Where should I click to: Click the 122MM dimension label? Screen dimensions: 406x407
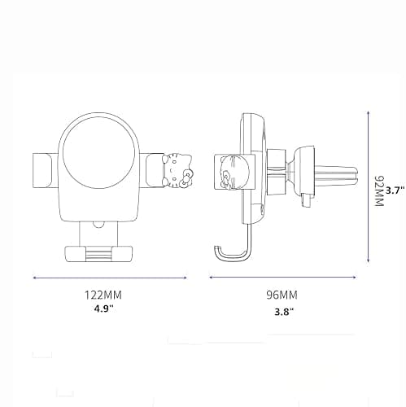pos(103,295)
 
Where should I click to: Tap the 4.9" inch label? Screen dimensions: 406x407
pos(103,309)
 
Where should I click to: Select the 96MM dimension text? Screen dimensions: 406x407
pos(282,295)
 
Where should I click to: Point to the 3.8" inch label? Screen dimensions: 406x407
pos(284,312)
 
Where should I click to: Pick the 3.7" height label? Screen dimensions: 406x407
pos(395,190)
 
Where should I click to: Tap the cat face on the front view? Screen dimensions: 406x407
pos(177,171)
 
